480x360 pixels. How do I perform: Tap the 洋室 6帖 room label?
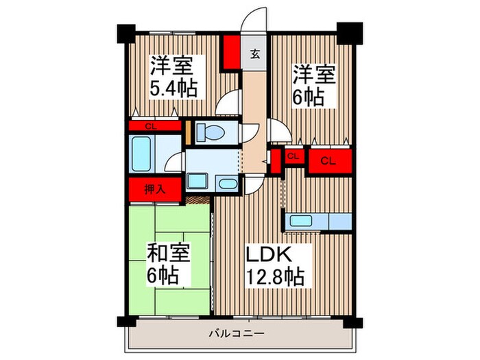click(x=315, y=84)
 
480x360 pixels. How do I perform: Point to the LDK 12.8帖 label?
click(x=274, y=265)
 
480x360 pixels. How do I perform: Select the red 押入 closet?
click(x=154, y=190)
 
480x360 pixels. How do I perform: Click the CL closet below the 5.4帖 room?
click(x=154, y=126)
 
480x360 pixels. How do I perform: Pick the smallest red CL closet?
click(x=293, y=157)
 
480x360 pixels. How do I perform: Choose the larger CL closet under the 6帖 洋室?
click(x=328, y=161)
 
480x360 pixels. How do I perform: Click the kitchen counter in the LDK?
click(x=318, y=221)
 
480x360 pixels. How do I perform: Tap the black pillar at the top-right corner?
click(x=349, y=31)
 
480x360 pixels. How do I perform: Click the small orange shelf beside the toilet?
click(x=189, y=133)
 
